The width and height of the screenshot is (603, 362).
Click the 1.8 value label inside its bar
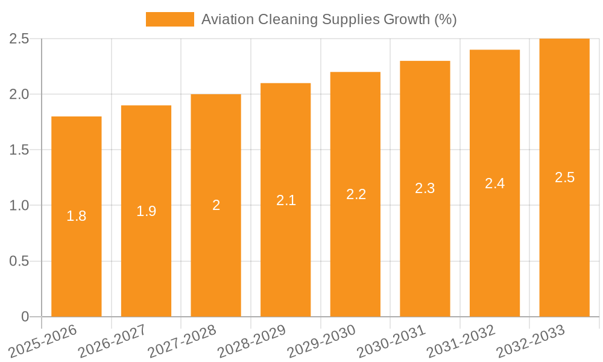(x=77, y=216)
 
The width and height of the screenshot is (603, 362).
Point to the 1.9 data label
(x=147, y=211)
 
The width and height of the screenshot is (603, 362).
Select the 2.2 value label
(x=356, y=194)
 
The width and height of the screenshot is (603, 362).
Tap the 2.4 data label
(x=495, y=183)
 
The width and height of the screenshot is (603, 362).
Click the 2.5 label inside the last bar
(x=565, y=177)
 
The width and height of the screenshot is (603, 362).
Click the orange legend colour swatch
(x=170, y=19)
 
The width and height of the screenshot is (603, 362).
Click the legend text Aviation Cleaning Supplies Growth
(x=329, y=19)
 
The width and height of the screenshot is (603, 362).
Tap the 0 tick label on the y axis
(x=25, y=317)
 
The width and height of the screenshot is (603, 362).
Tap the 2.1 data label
(x=286, y=200)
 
